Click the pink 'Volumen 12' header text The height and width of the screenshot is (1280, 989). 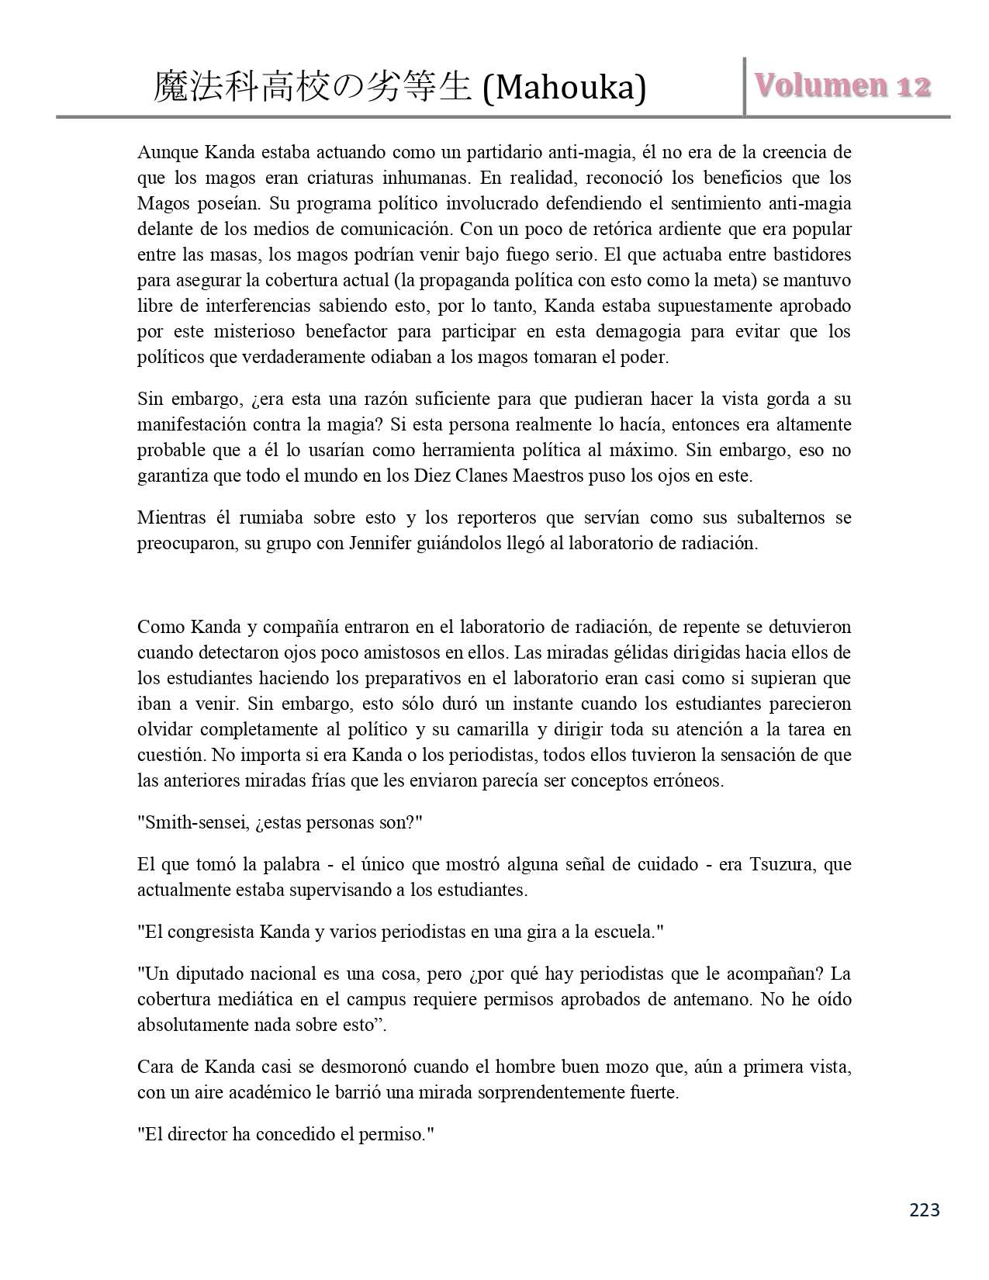point(842,86)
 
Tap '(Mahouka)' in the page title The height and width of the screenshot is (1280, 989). point(563,88)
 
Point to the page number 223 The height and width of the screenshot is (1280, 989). point(924,1209)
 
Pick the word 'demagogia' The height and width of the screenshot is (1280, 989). point(635,331)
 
